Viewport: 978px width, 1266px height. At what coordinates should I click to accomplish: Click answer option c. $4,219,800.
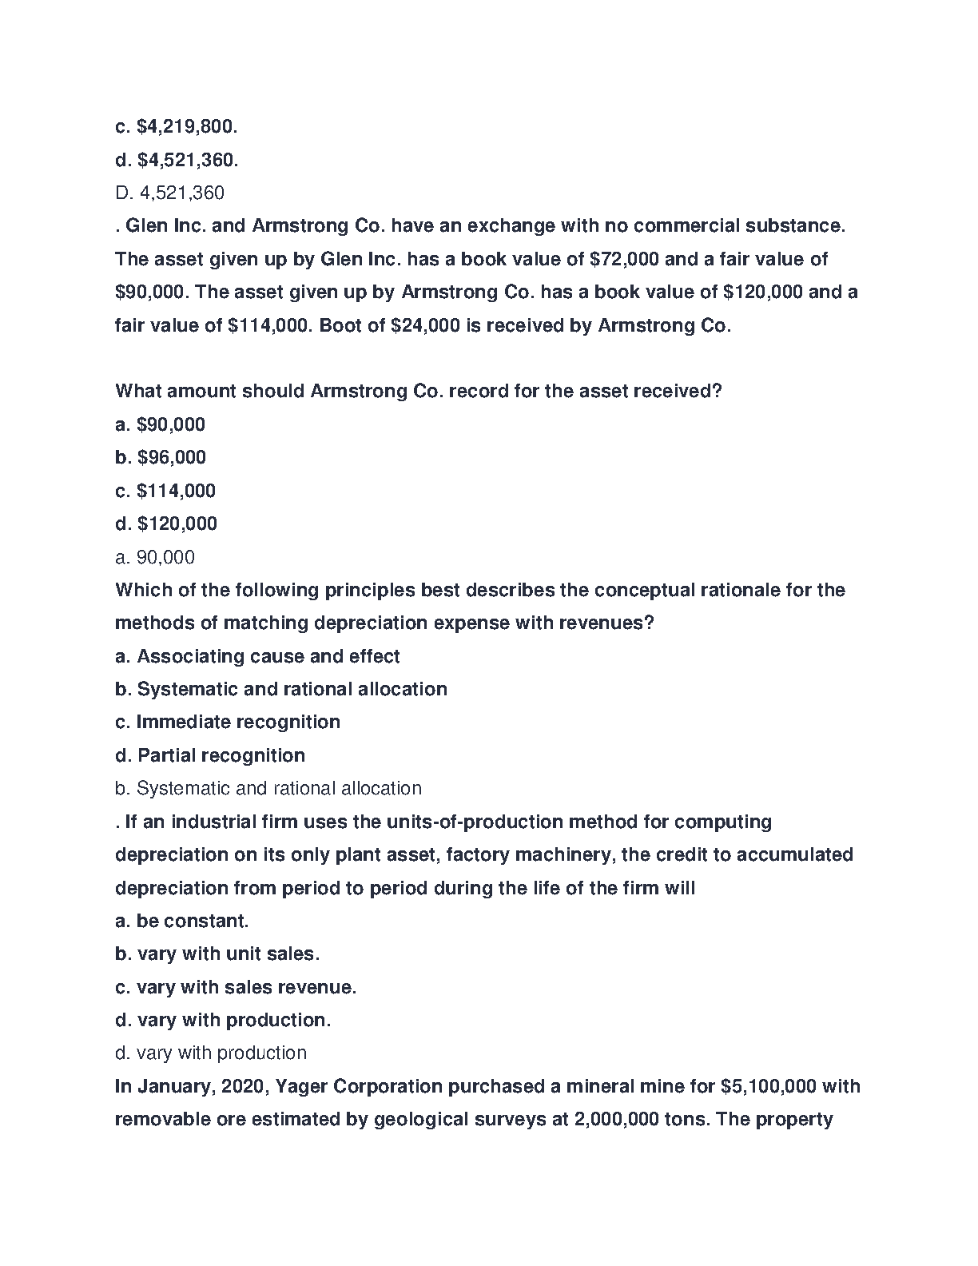coord(177,127)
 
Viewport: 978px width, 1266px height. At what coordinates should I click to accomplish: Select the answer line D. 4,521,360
coord(169,193)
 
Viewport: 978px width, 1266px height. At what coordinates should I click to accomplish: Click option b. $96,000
coord(161,457)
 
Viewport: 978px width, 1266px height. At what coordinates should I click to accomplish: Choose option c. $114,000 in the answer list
coord(165,491)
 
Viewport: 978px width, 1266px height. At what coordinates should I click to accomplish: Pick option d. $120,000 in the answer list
coord(166,524)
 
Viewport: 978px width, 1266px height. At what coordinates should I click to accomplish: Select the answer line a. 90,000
coord(155,557)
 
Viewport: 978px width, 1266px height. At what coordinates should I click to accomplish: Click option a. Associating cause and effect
coord(257,656)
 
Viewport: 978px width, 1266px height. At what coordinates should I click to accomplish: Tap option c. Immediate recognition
coord(228,722)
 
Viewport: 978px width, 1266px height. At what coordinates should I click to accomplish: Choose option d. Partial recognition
coord(210,755)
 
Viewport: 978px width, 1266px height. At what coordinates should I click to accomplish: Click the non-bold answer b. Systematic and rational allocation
coord(268,788)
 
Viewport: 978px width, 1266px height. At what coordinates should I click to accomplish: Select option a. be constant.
coord(182,921)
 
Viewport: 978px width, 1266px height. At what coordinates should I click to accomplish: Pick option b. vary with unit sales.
coord(217,953)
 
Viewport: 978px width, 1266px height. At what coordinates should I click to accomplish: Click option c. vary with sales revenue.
coord(236,987)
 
